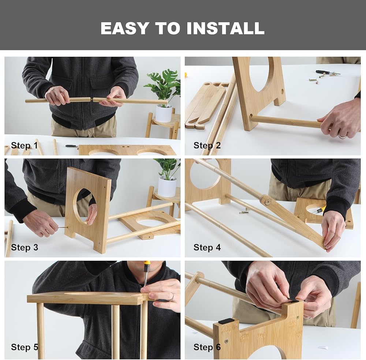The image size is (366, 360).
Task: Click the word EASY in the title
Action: (125, 28)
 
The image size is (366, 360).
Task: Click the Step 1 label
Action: (25, 145)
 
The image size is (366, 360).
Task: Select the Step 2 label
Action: (207, 145)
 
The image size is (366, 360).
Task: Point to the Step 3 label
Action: (25, 247)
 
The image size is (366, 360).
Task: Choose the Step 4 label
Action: (207, 247)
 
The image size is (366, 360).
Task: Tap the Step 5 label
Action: (25, 347)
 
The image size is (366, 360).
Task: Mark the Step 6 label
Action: (207, 347)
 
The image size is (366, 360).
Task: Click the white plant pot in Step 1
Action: (164, 114)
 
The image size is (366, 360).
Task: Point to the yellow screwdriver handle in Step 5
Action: (147, 265)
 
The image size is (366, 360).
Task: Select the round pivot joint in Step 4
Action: (266, 200)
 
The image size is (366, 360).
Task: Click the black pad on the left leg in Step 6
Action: (226, 321)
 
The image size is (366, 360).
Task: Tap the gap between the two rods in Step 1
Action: (92, 100)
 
